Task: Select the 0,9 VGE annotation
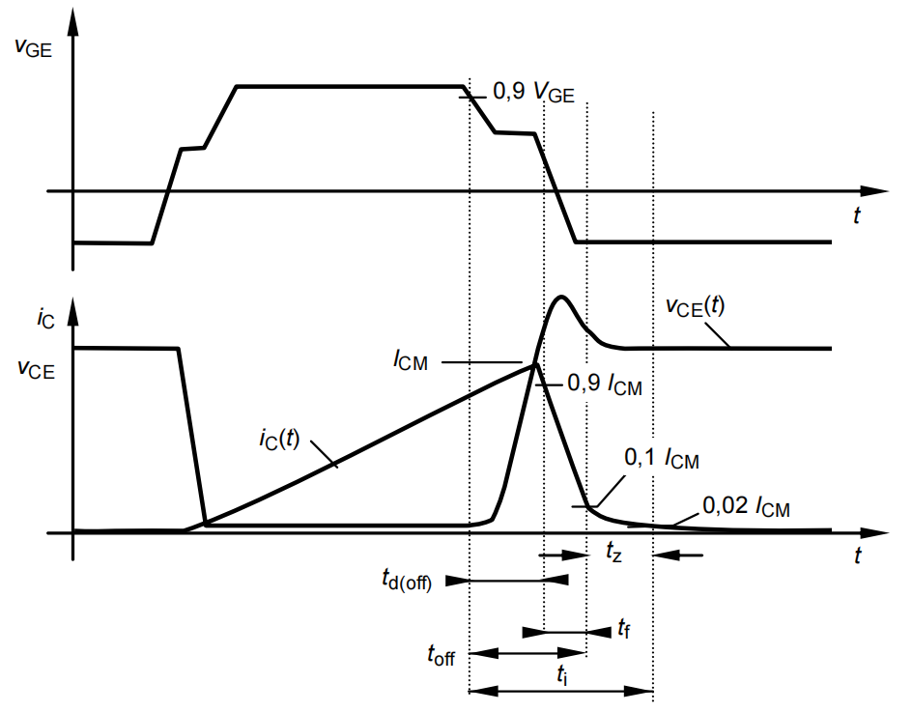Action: (x=533, y=93)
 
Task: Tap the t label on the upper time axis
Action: (x=856, y=216)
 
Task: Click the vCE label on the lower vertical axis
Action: (x=35, y=369)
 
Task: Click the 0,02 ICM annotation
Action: (x=746, y=505)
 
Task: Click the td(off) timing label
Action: (x=405, y=580)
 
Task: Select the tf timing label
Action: (x=626, y=629)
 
